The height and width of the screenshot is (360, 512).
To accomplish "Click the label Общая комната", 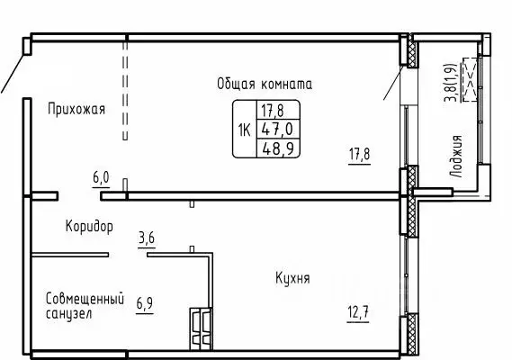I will pyautogui.click(x=264, y=84).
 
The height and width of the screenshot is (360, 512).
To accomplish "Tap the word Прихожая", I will pyautogui.click(x=76, y=110).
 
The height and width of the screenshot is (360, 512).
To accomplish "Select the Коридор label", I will pyautogui.click(x=88, y=227).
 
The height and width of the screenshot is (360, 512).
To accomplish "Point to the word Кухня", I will pyautogui.click(x=292, y=279).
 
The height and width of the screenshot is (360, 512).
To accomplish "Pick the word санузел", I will pyautogui.click(x=69, y=315).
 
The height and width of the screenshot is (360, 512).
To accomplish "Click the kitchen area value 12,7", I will pyautogui.click(x=358, y=313).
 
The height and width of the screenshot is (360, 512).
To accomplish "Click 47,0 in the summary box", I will pyautogui.click(x=270, y=129).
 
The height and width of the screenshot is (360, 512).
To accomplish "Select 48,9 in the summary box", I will pyautogui.click(x=270, y=147).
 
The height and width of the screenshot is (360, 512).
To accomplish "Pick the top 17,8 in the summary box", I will pyautogui.click(x=270, y=111).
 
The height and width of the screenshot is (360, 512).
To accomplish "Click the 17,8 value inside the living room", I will pyautogui.click(x=359, y=154).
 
